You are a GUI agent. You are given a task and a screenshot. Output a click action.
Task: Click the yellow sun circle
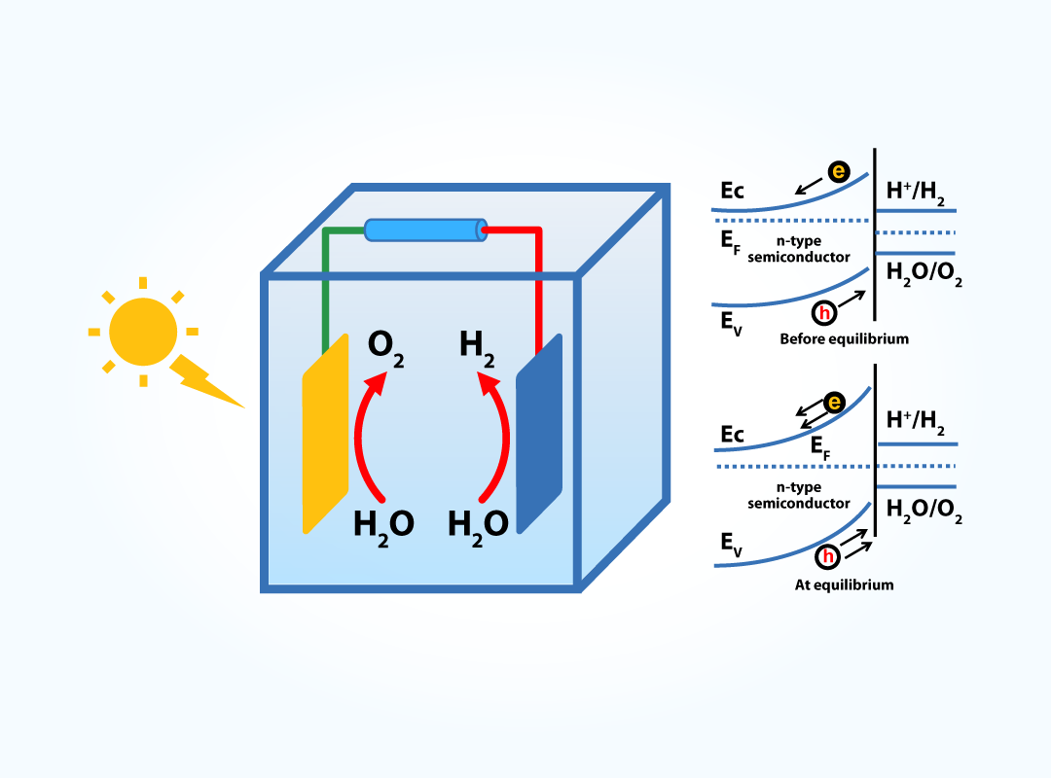click(x=143, y=332)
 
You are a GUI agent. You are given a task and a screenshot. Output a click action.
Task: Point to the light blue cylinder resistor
click(x=425, y=230)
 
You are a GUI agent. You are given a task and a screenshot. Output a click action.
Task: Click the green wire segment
click(x=325, y=282)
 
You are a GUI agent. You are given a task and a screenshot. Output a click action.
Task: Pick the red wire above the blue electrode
click(x=537, y=282)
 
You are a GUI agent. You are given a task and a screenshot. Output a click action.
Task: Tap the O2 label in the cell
click(x=385, y=348)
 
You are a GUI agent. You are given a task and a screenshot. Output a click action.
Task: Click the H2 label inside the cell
click(x=477, y=348)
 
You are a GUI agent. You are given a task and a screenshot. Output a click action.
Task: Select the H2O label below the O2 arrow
click(x=383, y=526)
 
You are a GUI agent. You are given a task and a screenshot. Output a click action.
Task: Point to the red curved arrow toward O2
click(x=364, y=438)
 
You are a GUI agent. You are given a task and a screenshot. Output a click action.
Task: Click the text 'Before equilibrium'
click(x=844, y=339)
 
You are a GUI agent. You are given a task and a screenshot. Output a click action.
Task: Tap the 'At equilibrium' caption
click(x=844, y=585)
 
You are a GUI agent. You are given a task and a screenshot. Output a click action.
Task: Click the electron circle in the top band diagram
click(x=839, y=172)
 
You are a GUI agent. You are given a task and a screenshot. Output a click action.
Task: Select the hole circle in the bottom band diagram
click(x=827, y=557)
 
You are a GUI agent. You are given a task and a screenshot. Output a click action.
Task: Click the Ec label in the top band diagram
click(x=733, y=192)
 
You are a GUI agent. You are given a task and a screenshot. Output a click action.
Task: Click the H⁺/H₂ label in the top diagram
click(x=915, y=192)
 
